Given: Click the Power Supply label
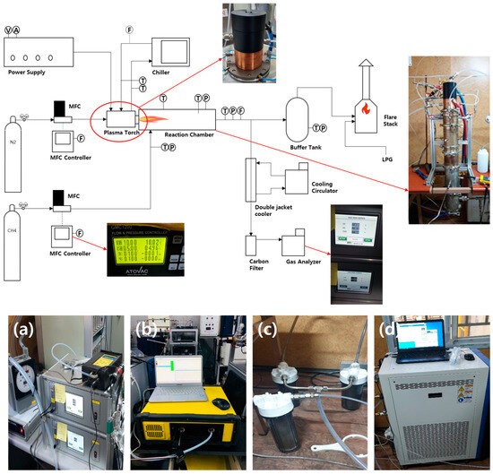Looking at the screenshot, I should pos(25,71).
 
